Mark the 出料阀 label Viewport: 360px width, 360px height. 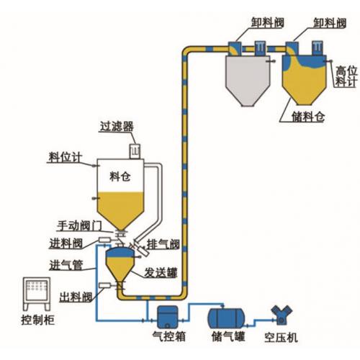[x=75, y=295]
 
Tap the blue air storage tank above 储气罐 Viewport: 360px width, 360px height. [x=226, y=316]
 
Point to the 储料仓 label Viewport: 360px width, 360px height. [x=299, y=114]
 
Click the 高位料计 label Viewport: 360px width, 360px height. [x=346, y=77]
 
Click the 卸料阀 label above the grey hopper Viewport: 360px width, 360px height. [x=246, y=24]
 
